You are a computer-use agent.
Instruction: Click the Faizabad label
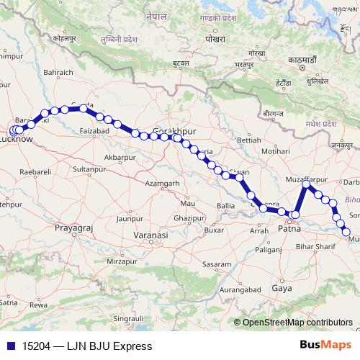tap(94, 132)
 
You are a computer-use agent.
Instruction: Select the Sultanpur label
tap(89, 168)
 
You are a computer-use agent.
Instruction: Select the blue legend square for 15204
tap(9, 346)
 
